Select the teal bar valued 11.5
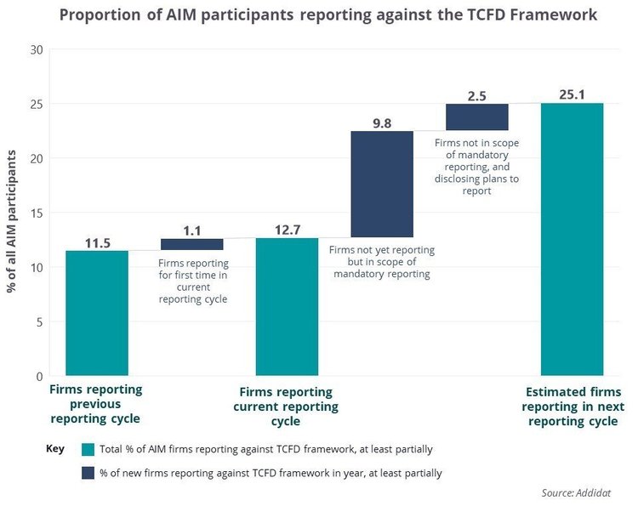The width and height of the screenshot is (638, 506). coord(97,313)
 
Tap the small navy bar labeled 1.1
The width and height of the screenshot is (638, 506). coord(191,244)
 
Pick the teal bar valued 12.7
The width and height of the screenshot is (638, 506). coord(287,306)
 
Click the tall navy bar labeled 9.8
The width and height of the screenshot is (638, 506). coord(382,184)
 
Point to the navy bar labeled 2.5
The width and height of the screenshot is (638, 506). coord(477,117)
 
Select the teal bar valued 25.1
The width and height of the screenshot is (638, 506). coord(572,239)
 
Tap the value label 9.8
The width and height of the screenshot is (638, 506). coord(382,122)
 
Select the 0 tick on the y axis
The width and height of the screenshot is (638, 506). coord(38,376)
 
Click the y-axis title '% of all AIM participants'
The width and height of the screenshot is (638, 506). coord(12,213)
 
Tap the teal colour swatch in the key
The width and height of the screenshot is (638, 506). coord(88,449)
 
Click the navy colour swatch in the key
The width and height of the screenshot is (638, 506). coord(88,473)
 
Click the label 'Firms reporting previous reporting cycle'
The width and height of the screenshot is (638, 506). coord(95,404)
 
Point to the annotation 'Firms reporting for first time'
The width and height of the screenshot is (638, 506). coord(193,276)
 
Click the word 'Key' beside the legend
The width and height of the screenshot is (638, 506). coord(54,447)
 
